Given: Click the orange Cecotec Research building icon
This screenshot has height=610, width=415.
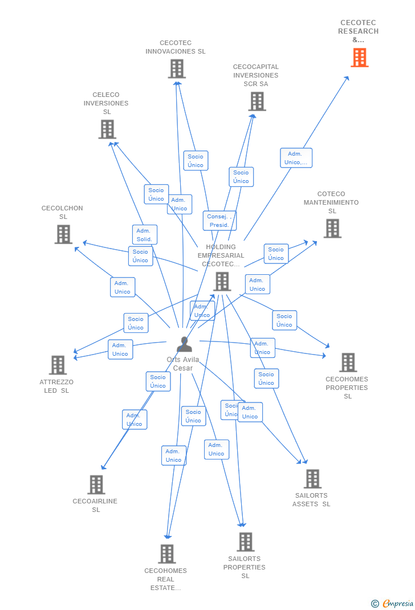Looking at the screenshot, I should (359, 58).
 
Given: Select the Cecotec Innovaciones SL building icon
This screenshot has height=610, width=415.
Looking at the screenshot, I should (177, 69).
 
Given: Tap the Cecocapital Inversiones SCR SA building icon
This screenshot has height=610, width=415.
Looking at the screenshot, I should (257, 101).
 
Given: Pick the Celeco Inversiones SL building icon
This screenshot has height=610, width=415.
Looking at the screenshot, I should (107, 129).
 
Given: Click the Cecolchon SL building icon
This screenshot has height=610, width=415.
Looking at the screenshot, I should (63, 234).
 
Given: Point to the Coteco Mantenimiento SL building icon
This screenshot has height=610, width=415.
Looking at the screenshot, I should (332, 229).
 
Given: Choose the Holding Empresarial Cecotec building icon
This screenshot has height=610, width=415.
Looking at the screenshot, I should (222, 282).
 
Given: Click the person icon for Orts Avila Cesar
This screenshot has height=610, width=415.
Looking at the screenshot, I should (184, 344).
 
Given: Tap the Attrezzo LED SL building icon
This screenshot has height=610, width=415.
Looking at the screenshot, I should (58, 365).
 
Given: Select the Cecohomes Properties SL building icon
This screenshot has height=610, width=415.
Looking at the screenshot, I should (348, 363).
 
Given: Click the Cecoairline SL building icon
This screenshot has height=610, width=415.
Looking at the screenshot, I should (96, 485).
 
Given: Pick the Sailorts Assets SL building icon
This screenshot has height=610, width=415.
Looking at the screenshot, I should (312, 479).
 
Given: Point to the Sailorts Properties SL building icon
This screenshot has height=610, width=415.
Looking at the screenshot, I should (246, 542).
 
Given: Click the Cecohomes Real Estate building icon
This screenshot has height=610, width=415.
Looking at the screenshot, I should (166, 554).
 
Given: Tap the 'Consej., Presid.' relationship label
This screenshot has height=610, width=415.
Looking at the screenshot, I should (219, 221).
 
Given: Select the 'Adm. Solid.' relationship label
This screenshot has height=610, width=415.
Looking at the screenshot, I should (144, 235).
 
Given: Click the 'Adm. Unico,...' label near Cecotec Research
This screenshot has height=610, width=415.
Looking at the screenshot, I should (296, 158).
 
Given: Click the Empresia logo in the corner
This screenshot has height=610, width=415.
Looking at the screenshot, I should (392, 603).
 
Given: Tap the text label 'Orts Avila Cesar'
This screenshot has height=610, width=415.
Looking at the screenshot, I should (183, 364).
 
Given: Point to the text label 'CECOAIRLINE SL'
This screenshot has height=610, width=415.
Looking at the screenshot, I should (95, 506).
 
